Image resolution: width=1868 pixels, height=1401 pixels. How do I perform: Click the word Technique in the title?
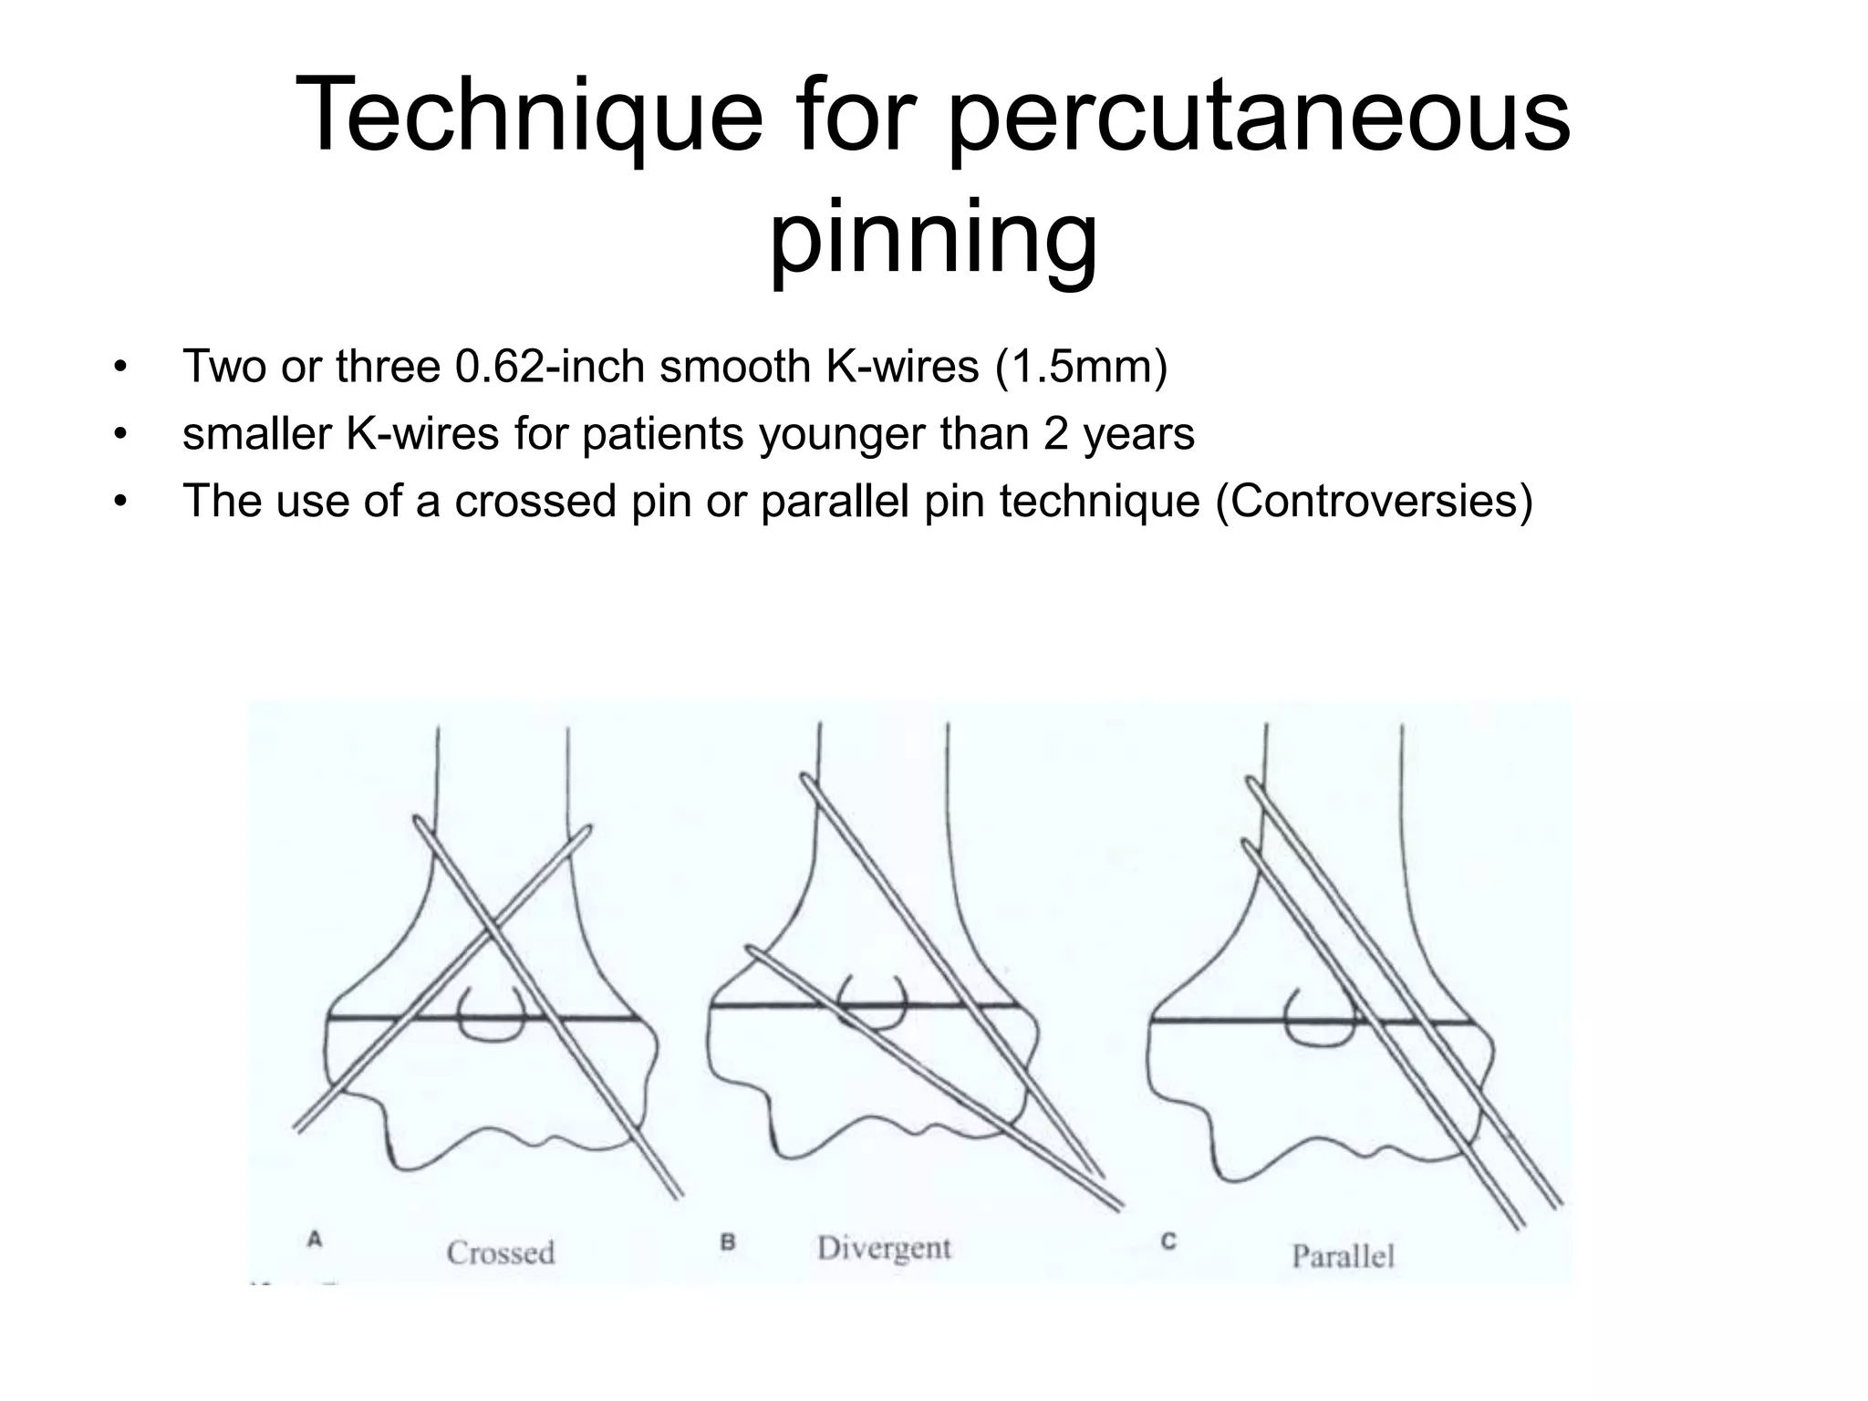point(528,117)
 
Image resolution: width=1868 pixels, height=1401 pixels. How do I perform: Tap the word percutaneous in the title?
point(1260,117)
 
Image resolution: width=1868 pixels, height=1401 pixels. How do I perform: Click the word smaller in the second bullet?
point(256,434)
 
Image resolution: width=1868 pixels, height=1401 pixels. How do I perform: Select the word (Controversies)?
point(1374,501)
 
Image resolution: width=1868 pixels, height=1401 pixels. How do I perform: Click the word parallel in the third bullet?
point(835,501)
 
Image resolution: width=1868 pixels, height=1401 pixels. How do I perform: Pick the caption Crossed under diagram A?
point(501,1252)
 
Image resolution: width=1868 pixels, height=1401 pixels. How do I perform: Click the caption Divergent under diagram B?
point(884,1248)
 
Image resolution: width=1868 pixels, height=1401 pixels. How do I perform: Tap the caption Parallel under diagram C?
point(1344,1256)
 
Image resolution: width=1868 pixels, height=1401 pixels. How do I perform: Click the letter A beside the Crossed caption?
point(315,1240)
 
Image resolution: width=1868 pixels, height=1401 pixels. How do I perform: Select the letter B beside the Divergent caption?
point(728,1241)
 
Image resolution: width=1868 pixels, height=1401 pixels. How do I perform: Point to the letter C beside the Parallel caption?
point(1168,1241)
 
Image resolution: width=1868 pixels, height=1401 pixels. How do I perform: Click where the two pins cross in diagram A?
point(487,930)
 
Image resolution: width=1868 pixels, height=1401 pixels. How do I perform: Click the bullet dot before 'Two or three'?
point(119,368)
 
